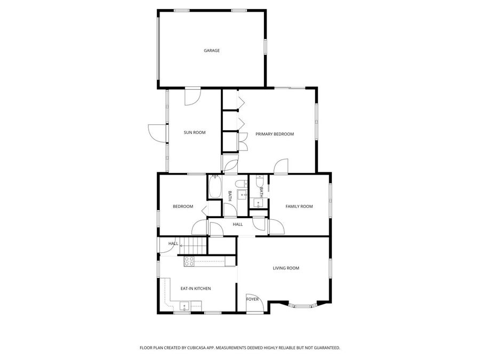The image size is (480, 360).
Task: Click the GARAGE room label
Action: pyautogui.click(x=212, y=51)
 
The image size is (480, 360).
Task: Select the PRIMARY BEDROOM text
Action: pyautogui.click(x=274, y=134)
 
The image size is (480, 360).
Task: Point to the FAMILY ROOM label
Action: pyautogui.click(x=299, y=206)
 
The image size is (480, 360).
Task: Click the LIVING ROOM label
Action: pyautogui.click(x=286, y=268)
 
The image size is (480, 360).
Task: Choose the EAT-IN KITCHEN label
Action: pyautogui.click(x=196, y=289)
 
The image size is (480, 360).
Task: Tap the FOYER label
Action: pyautogui.click(x=252, y=299)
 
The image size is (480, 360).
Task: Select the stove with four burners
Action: pyautogui.click(x=189, y=261)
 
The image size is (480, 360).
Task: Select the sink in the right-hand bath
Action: pyautogui.click(x=258, y=203)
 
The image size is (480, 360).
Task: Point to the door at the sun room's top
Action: pyautogui.click(x=191, y=97)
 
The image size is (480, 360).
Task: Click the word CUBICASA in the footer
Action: pyautogui.click(x=197, y=348)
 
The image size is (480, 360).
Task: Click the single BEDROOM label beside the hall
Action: pyautogui.click(x=183, y=206)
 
